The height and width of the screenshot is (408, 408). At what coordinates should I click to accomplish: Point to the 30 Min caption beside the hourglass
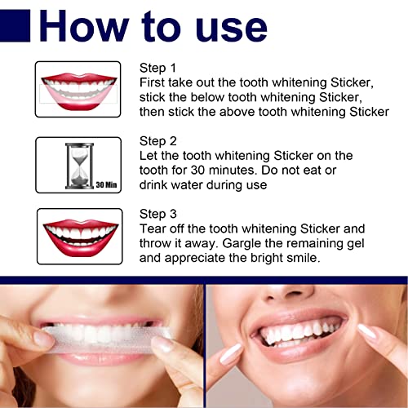(x=105, y=184)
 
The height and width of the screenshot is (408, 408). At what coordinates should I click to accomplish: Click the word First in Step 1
(x=155, y=82)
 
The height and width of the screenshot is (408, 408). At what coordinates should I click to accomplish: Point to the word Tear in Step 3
(x=155, y=228)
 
